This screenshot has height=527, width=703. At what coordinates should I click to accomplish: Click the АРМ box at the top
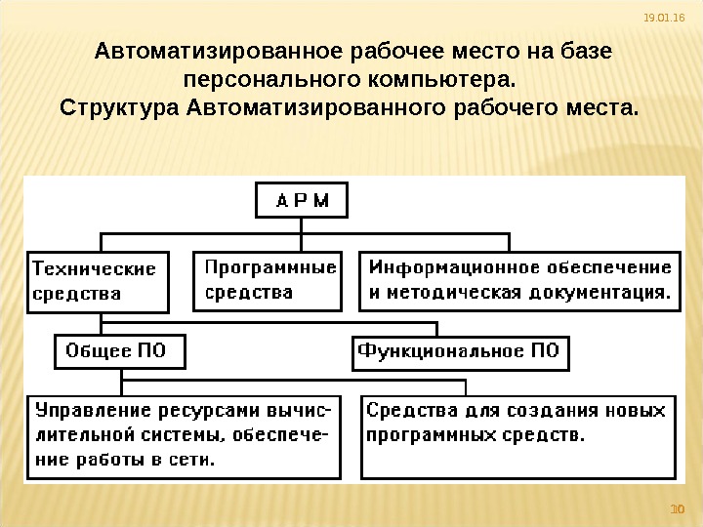(x=301, y=202)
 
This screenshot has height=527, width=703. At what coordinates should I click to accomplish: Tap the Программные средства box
(x=267, y=280)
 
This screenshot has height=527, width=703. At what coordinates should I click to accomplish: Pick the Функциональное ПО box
(x=460, y=351)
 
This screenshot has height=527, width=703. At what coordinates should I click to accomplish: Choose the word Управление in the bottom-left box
(x=83, y=410)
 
